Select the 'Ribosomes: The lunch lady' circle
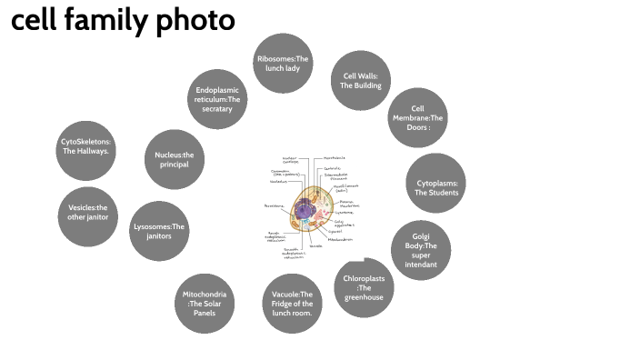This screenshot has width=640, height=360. click(x=283, y=64)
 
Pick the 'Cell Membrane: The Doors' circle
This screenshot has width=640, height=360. click(x=417, y=118)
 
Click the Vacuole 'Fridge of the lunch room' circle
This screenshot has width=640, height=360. click(x=293, y=303)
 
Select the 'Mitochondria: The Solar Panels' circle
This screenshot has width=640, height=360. click(x=205, y=303)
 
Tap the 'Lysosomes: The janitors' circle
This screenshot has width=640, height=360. click(x=159, y=231)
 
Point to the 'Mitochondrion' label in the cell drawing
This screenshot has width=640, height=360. click(x=339, y=239)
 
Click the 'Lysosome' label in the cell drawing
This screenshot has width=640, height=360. click(x=345, y=211)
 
